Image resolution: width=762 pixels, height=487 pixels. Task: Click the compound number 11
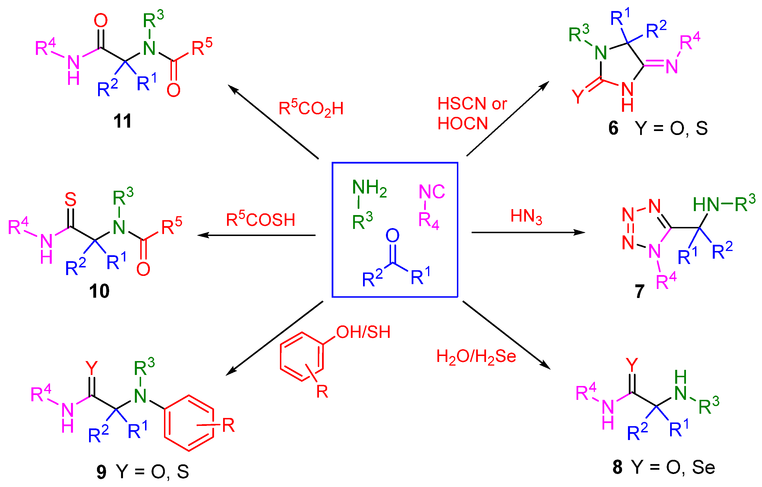[x=122, y=121]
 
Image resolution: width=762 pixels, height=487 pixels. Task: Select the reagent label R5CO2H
[x=311, y=109]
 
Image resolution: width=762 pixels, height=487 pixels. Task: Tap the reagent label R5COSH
[x=260, y=219]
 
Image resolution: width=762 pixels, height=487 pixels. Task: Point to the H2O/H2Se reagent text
[x=476, y=357]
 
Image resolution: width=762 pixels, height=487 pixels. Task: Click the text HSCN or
[x=472, y=104]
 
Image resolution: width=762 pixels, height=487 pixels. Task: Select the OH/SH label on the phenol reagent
[x=363, y=332]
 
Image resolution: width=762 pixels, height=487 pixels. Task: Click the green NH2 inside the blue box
[x=369, y=187]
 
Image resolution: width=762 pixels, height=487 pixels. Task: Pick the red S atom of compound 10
[x=70, y=199]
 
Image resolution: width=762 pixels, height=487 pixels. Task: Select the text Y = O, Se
[x=673, y=467]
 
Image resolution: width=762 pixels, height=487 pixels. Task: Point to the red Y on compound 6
[x=578, y=96]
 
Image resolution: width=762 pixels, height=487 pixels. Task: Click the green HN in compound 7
[x=706, y=205]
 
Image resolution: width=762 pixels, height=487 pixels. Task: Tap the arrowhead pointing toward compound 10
[x=202, y=235]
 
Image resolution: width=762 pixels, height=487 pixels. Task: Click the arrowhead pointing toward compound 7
[x=580, y=232]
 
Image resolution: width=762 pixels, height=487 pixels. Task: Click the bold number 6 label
[x=613, y=128]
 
